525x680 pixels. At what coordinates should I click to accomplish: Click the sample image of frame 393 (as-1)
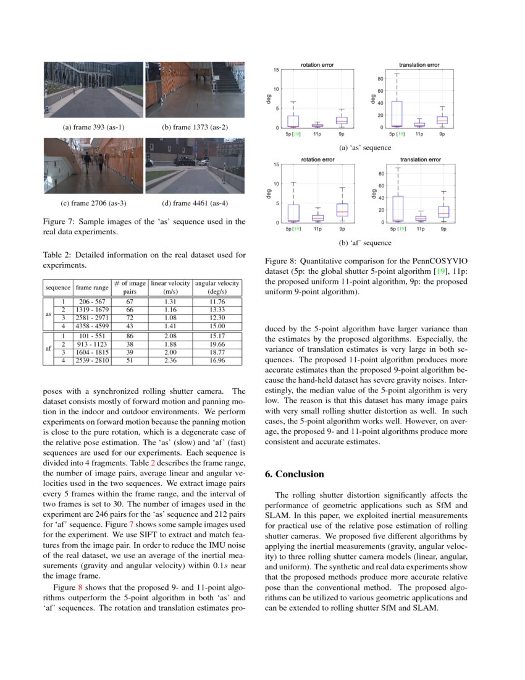click(93, 90)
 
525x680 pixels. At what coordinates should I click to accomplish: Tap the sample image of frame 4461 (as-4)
click(195, 165)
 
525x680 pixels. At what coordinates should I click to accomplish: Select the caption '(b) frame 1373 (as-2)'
click(195, 127)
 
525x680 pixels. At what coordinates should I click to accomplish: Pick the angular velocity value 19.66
click(209, 344)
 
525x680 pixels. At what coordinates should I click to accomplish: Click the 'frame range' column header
click(92, 287)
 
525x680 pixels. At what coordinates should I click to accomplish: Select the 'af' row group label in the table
click(49, 348)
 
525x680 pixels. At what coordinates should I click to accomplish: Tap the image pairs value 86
click(130, 336)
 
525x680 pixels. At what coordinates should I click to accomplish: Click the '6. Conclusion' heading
click(294, 474)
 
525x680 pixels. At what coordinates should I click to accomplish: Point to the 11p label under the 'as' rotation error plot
click(317, 134)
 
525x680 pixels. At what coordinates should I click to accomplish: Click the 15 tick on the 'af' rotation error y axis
click(277, 164)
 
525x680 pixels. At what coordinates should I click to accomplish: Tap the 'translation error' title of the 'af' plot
click(420, 159)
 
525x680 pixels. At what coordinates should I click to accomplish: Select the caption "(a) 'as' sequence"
click(365, 148)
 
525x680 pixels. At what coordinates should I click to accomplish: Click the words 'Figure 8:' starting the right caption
click(279, 261)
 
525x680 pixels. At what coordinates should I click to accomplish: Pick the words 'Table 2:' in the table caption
click(57, 254)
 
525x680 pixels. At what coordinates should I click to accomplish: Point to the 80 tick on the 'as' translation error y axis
click(381, 79)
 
